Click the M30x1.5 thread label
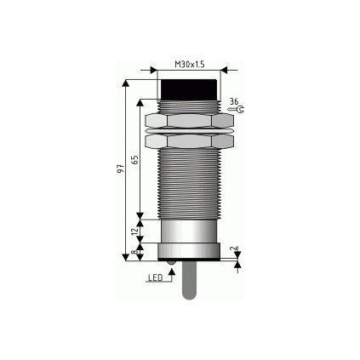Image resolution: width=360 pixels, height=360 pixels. [x=190, y=65]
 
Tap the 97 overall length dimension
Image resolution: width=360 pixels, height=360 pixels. [x=122, y=169]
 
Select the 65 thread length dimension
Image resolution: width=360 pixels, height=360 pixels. [x=135, y=159]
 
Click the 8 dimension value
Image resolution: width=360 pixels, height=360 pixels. [x=135, y=251]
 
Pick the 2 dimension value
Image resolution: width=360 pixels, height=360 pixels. [x=234, y=248]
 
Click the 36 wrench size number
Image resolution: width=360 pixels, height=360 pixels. [x=234, y=101]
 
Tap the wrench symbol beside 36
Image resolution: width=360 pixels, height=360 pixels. [x=236, y=110]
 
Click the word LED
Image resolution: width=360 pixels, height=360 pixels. [x=156, y=277]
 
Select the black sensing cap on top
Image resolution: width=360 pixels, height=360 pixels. [x=189, y=89]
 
